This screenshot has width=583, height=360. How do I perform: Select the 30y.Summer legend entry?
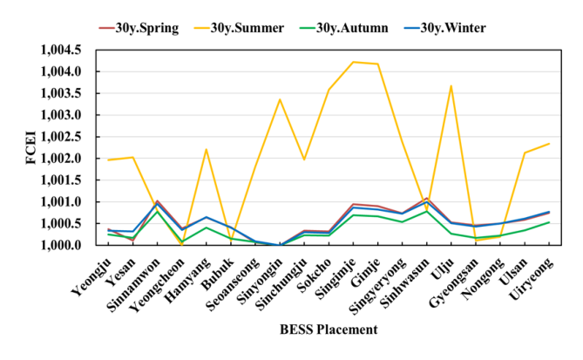(248, 28)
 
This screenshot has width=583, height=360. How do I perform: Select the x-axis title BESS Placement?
(329, 329)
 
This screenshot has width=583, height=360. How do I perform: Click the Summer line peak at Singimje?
(353, 62)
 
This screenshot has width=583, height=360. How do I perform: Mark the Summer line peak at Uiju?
(451, 85)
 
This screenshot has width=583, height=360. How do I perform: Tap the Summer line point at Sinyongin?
(280, 99)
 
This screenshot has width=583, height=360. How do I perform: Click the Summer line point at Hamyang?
(206, 149)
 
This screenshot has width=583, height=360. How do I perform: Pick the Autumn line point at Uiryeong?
(549, 222)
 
